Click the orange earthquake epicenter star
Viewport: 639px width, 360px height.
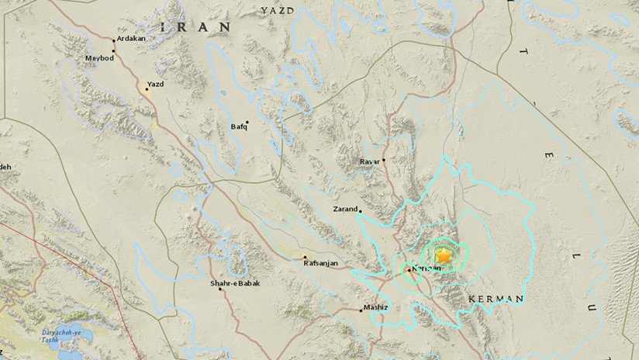[444, 255]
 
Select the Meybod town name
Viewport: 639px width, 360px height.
[98, 57]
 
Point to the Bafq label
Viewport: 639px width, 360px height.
[237, 126]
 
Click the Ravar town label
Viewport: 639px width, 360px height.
[369, 161]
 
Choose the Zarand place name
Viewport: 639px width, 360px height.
[345, 209]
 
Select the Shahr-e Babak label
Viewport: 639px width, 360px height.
[235, 284]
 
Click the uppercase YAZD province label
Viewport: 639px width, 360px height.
[278, 9]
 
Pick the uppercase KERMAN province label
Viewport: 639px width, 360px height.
[496, 298]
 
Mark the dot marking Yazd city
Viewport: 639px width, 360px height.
[146, 89]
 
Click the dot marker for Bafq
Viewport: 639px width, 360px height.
[247, 122]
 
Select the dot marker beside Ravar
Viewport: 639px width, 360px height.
[384, 160]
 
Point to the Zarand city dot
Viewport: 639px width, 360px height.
[361, 209]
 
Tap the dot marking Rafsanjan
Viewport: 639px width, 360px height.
[305, 258]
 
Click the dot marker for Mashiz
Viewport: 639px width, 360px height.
[362, 309]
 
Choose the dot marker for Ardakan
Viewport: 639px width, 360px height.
[114, 40]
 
